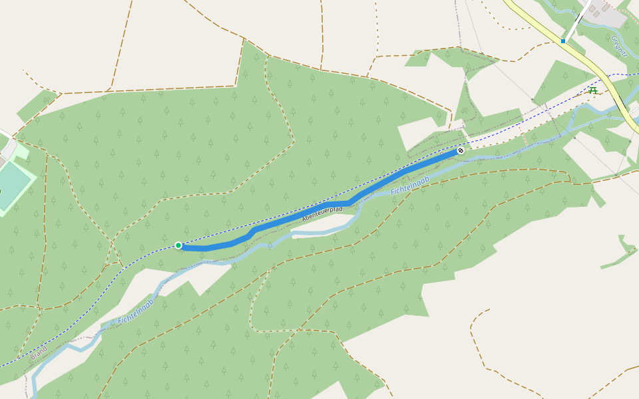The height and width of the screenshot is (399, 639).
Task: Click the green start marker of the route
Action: (178, 245)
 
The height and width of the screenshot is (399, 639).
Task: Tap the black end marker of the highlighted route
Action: (460, 151)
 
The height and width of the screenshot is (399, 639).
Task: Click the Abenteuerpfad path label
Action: (322, 213)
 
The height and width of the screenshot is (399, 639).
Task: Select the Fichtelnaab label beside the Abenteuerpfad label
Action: (409, 186)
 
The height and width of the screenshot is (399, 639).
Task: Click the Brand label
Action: (39, 352)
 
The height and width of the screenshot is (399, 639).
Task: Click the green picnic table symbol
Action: (593, 89)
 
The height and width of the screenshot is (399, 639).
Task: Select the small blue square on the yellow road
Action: (562, 41)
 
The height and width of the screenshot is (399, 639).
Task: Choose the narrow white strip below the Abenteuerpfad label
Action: (319, 232)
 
